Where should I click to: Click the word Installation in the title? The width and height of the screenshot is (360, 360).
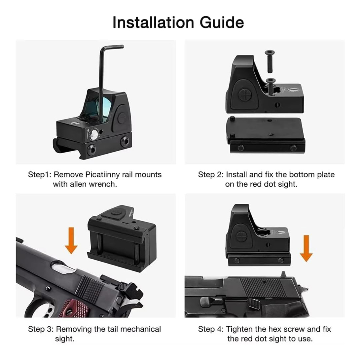[153, 22]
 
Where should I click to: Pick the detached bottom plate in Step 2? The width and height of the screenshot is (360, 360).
[266, 135]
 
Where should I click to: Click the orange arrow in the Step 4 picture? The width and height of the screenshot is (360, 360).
[306, 248]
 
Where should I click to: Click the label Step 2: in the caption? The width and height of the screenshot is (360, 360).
[210, 175]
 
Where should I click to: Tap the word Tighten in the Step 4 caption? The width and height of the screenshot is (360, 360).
[239, 329]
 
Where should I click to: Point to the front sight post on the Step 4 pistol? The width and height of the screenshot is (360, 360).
[283, 274]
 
